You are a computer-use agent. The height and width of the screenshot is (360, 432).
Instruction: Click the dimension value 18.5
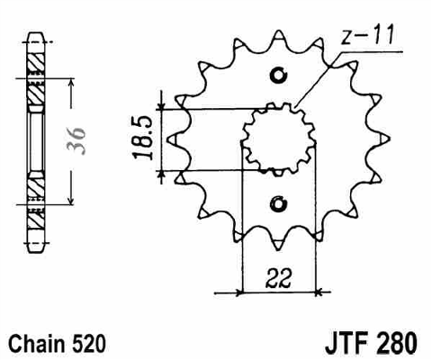[x=142, y=138]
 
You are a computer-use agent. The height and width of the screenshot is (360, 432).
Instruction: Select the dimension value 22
[x=279, y=278]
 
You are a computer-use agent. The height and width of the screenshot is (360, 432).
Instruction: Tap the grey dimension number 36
[x=76, y=140]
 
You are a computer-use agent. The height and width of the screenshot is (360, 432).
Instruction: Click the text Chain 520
[x=57, y=344]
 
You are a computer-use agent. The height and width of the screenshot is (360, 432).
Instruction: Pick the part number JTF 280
[x=371, y=343]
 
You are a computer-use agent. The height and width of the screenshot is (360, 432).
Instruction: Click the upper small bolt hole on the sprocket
[x=279, y=75]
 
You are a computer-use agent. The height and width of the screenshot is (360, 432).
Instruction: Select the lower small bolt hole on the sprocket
[x=279, y=203]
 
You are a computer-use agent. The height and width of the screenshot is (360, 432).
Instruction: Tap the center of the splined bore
[x=279, y=139]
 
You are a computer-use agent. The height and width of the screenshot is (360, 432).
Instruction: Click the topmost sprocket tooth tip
[x=279, y=31]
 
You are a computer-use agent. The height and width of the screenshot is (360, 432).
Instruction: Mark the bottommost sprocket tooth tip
[x=279, y=249]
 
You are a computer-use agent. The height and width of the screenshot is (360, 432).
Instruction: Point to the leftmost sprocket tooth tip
[x=167, y=140]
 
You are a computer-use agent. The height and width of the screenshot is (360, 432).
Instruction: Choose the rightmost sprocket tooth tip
[x=390, y=139]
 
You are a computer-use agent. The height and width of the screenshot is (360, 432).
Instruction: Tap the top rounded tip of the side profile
[x=36, y=33]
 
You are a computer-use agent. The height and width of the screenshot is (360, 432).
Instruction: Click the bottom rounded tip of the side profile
[x=37, y=251]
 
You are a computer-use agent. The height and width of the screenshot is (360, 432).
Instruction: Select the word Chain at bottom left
[x=35, y=344]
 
